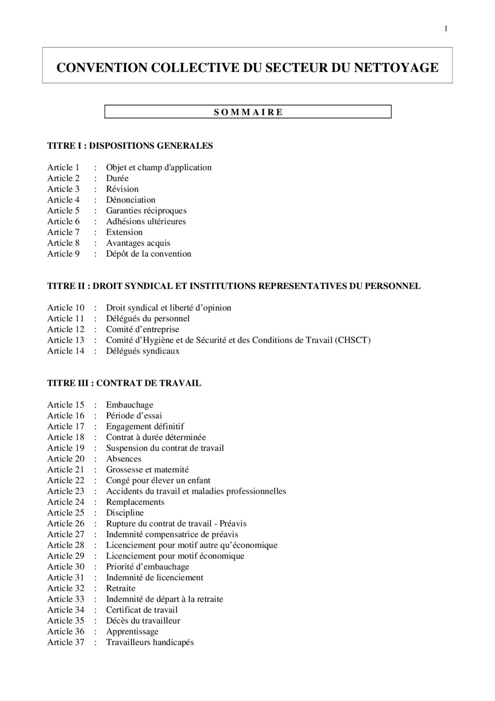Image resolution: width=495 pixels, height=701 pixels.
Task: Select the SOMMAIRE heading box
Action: [248, 112]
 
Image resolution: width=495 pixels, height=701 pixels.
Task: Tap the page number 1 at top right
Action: [446, 29]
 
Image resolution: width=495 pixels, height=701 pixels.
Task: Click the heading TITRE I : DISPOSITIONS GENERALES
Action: [130, 146]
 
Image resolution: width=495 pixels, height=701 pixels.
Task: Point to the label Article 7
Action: [63, 232]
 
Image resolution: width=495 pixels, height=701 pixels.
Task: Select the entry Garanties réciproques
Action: [146, 211]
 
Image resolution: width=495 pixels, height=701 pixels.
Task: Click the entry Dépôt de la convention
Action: [148, 254]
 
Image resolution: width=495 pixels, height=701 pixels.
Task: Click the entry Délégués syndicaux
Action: [143, 351]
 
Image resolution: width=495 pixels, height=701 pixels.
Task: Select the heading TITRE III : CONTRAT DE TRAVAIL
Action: [124, 383]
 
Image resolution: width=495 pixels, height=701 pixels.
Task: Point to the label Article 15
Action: [66, 405]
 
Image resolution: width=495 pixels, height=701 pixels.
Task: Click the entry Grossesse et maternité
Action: [147, 470]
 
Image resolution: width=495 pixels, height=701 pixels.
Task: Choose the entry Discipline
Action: [125, 513]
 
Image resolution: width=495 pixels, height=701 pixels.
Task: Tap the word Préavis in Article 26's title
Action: [233, 524]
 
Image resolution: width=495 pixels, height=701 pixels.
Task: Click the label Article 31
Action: [66, 578]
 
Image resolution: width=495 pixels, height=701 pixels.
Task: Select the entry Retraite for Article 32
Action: [121, 588]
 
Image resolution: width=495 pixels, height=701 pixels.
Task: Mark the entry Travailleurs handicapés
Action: [150, 642]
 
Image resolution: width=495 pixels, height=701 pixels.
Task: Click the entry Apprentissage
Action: [132, 631]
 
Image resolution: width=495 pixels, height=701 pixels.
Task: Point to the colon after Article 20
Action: [95, 459]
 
